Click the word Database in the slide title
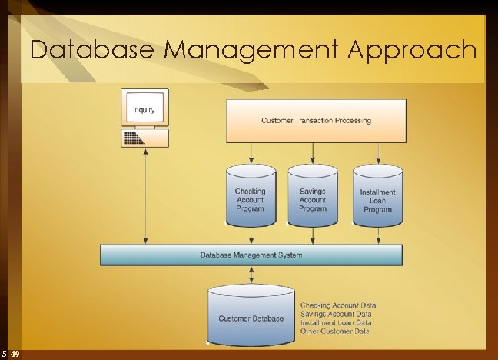point(93,51)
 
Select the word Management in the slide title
point(252,51)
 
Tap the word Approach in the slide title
point(413,51)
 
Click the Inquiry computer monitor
point(144,108)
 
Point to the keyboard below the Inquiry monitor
point(144,138)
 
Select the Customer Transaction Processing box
point(315,120)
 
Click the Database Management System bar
point(251,255)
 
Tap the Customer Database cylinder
point(251,316)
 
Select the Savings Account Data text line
point(336,314)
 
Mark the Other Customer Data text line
point(334,331)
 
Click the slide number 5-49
point(11,353)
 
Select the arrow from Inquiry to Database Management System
point(145,197)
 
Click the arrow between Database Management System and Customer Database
point(251,275)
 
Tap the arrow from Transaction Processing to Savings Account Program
point(312,154)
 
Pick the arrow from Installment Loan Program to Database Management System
point(377,235)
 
